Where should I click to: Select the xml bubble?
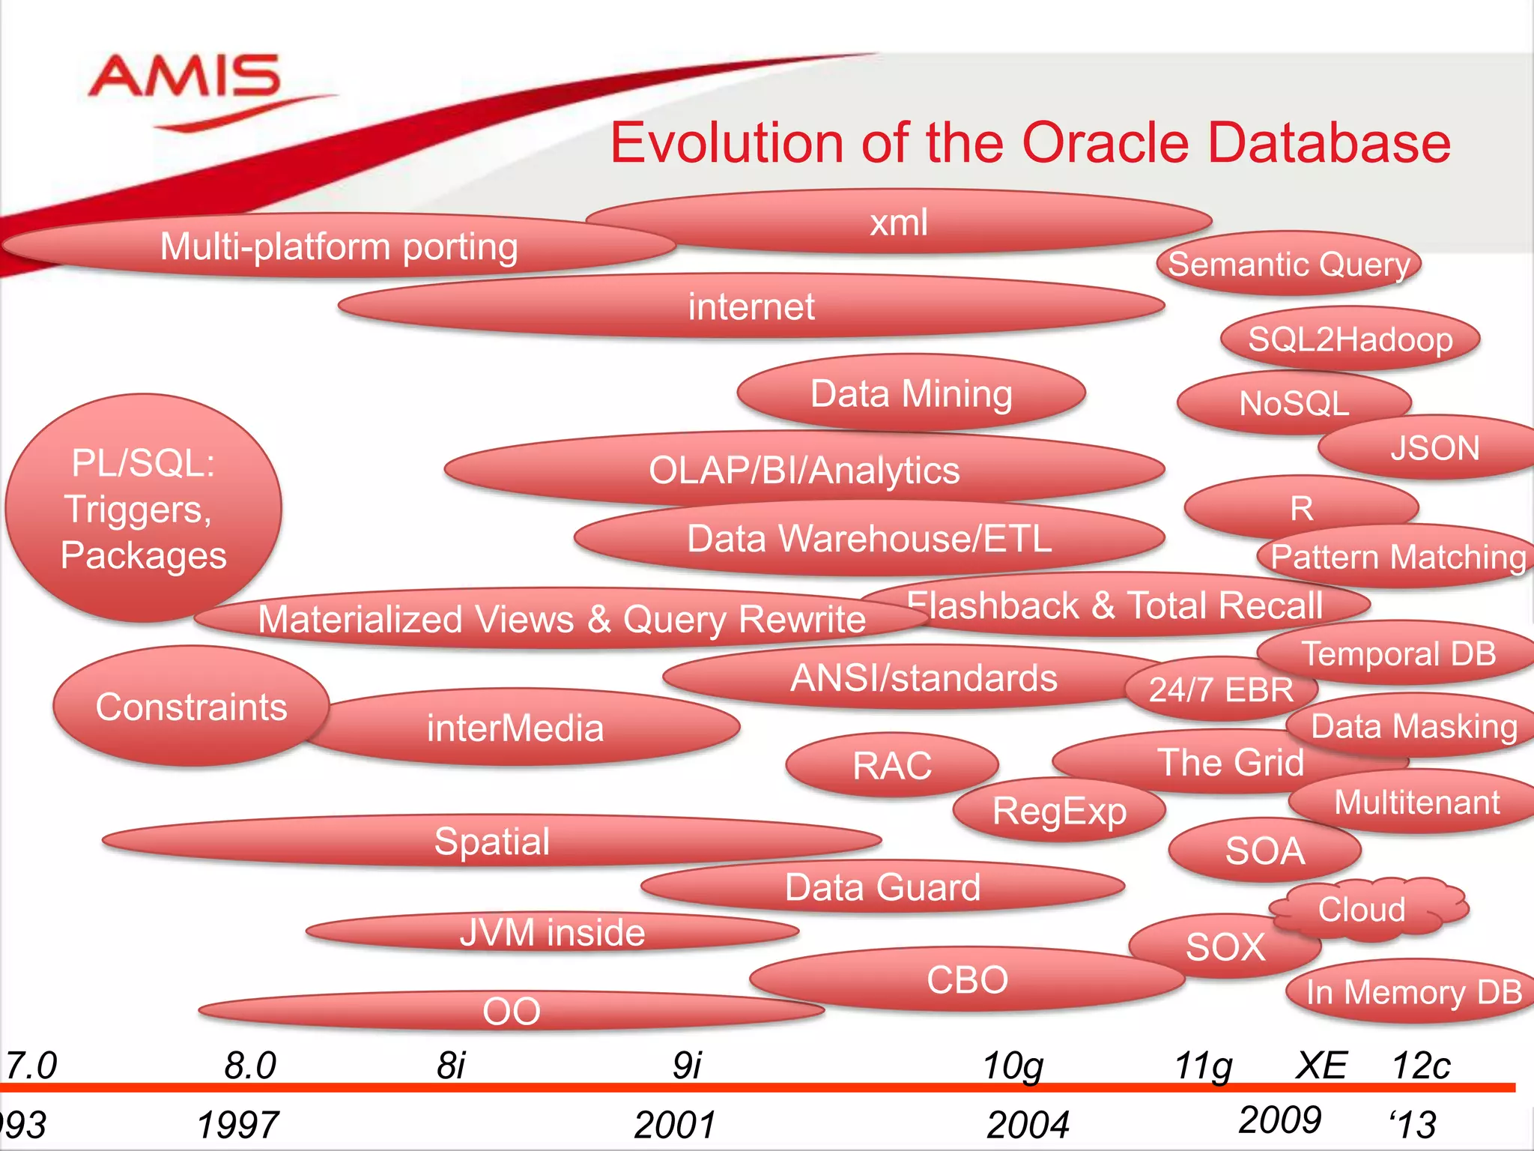(898, 223)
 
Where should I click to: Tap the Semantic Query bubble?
(1288, 265)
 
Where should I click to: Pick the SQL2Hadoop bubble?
(1350, 339)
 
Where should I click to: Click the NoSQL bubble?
(1294, 403)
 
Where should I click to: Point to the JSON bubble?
(1434, 449)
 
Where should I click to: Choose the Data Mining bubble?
(911, 393)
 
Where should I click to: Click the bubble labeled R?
(1301, 509)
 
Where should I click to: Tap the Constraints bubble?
(191, 707)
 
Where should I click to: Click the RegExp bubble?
(1059, 812)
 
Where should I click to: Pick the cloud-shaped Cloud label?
(1362, 909)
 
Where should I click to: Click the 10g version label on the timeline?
(1013, 1065)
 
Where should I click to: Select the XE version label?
(1321, 1065)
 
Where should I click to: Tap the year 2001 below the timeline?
(674, 1125)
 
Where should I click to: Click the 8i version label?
(451, 1065)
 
